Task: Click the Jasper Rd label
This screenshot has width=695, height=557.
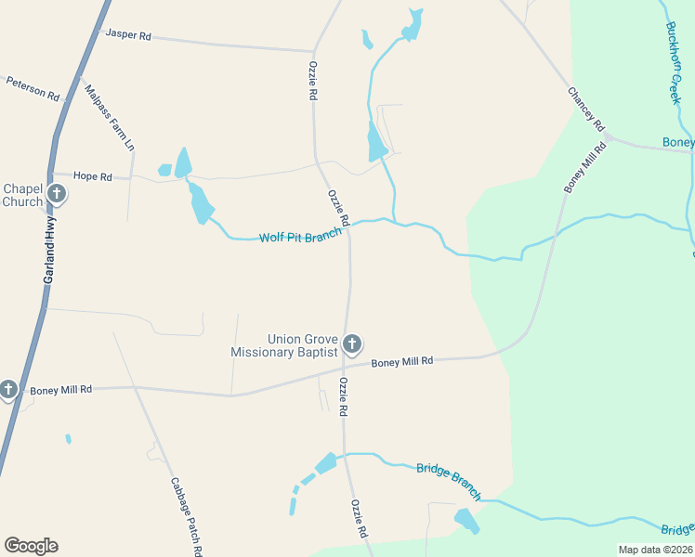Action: point(128,34)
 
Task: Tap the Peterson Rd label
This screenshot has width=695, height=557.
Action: point(33,88)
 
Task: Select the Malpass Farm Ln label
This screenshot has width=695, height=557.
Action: point(110,118)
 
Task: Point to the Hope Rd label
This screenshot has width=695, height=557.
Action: point(92,176)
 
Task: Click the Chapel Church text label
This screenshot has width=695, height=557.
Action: point(23,195)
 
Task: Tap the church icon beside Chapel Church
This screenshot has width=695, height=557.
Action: point(57,194)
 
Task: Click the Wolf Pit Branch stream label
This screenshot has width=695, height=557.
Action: point(300,237)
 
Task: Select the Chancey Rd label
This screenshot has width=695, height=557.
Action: point(586,109)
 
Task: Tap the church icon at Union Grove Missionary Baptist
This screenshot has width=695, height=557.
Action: point(351,344)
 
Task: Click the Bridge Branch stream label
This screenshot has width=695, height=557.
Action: point(449,483)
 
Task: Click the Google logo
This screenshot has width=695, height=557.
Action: point(31,546)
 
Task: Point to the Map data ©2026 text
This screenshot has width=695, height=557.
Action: point(654,550)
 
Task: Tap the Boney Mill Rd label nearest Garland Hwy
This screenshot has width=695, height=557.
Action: point(60,390)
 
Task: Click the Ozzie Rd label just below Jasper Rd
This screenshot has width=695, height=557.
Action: point(314,82)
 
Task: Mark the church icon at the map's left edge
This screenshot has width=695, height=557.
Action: point(8,389)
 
